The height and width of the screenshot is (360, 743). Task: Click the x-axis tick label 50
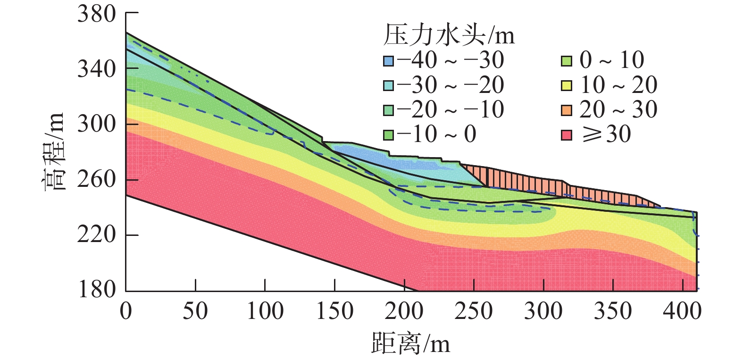point(195,312)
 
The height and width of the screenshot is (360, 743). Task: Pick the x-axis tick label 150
point(334,312)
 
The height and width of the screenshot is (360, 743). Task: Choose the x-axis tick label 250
point(474,312)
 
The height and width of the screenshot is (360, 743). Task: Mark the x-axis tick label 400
point(682,312)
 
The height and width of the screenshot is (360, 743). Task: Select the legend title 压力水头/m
point(448,35)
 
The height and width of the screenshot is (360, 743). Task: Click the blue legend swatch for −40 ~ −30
point(388,61)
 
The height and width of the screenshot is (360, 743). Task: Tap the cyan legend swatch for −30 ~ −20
point(388,85)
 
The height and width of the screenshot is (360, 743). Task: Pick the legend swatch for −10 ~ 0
point(388,135)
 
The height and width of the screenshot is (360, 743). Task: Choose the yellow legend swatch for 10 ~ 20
point(567,85)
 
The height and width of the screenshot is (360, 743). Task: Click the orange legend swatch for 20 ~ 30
point(567,110)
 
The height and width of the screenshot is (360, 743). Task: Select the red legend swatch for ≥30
point(567,135)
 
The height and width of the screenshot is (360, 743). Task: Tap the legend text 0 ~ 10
point(612,60)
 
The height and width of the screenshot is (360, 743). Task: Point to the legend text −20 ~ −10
point(451,110)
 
